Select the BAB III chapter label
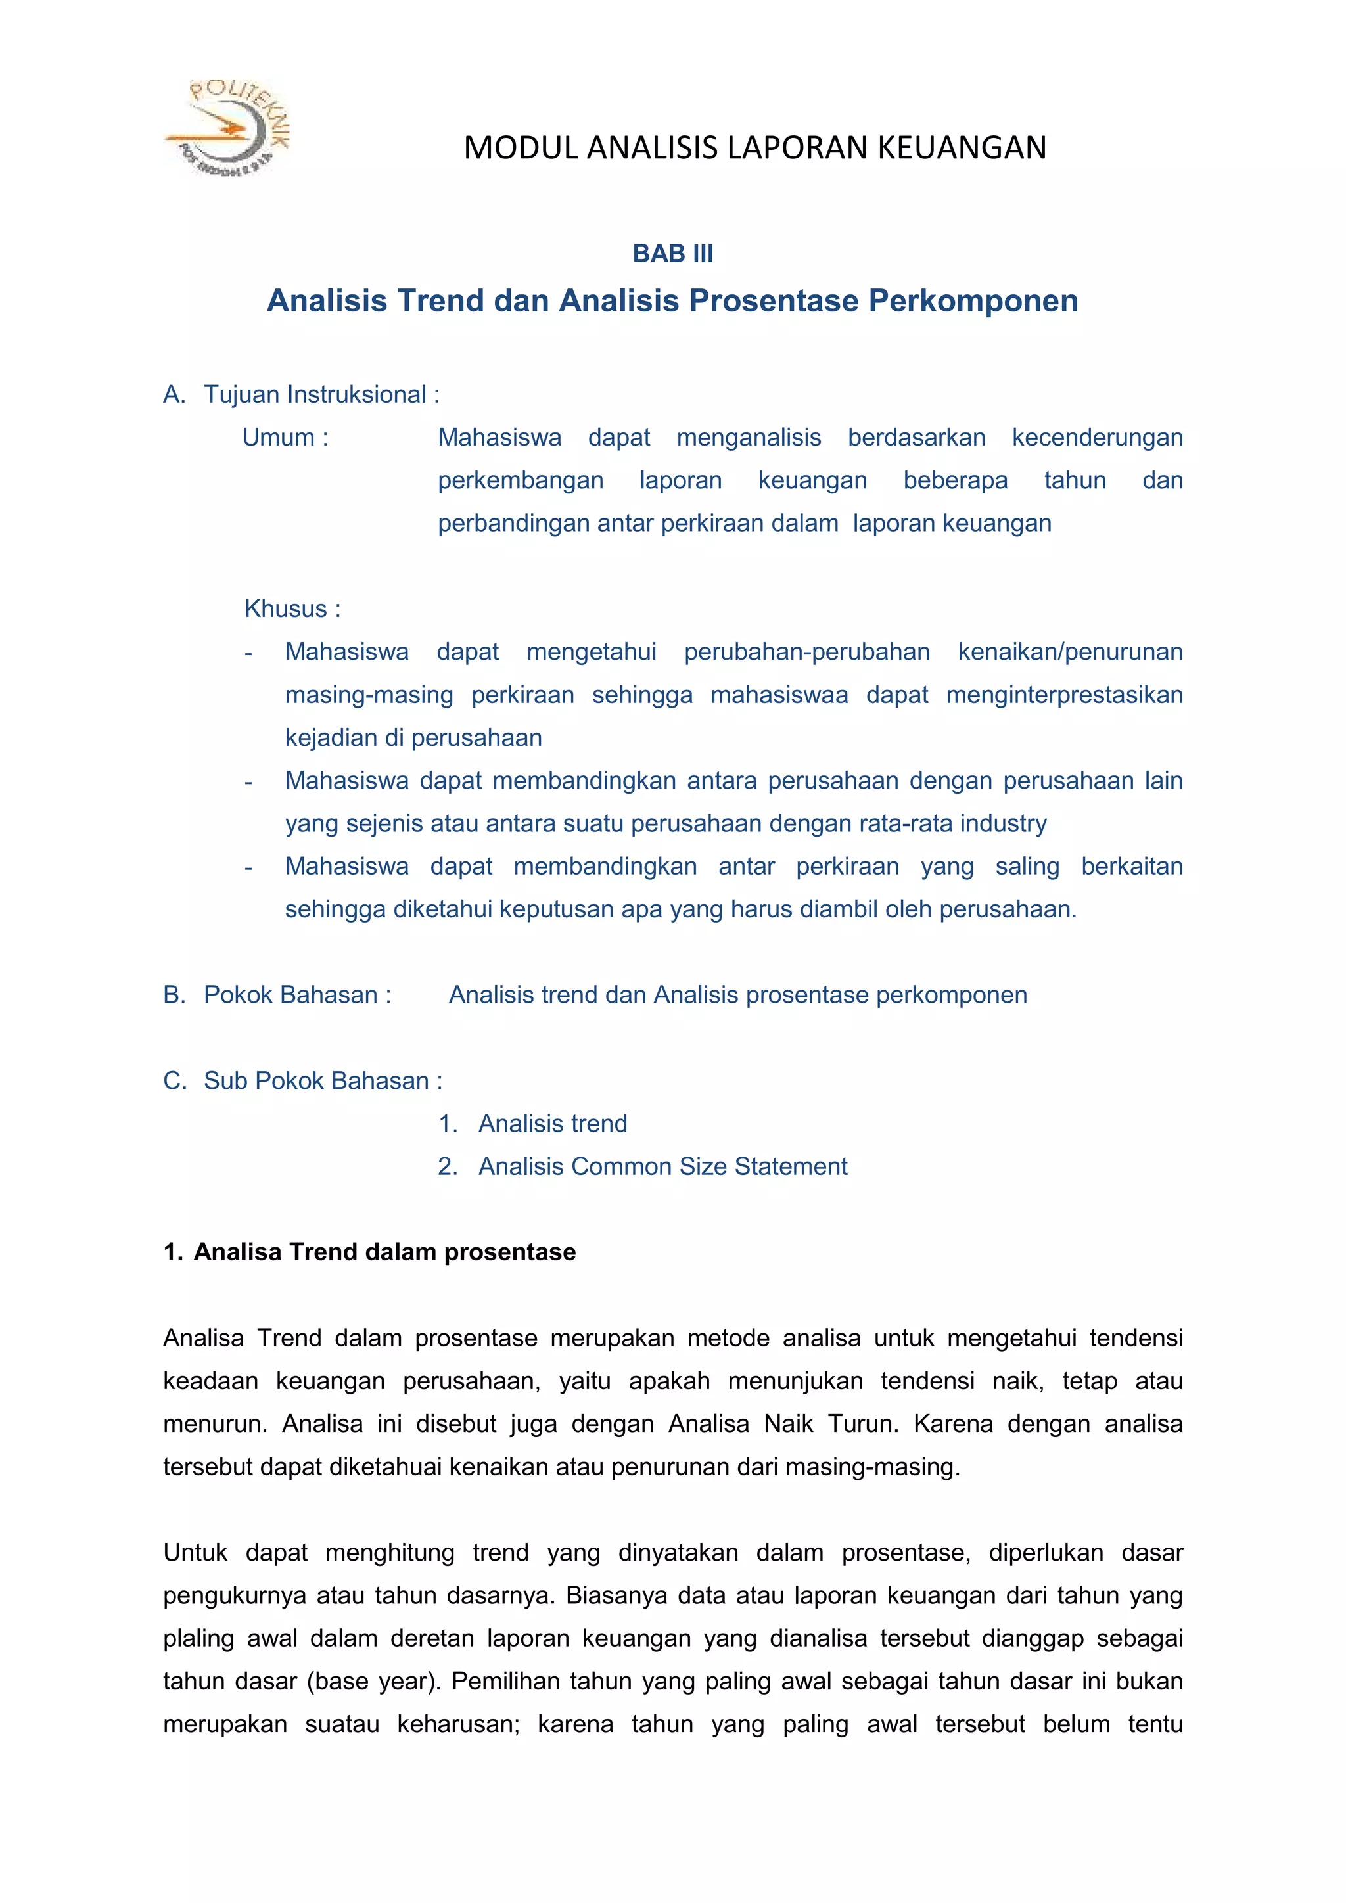[x=672, y=254]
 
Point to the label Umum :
[x=285, y=438]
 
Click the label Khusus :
[x=292, y=609]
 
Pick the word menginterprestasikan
[x=1063, y=695]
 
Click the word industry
[x=1003, y=824]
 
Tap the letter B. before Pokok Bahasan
[x=174, y=996]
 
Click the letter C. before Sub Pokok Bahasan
[x=174, y=1082]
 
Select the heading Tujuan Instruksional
[x=315, y=394]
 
